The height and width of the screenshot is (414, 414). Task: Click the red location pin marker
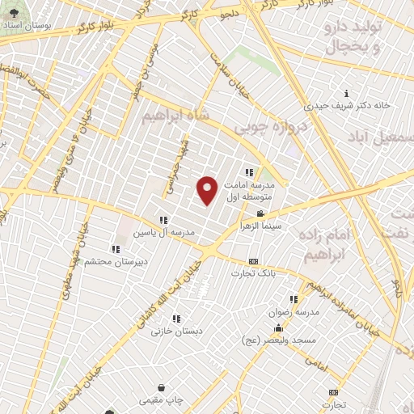point(208,190)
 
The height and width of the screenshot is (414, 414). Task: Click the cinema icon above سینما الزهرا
point(260,213)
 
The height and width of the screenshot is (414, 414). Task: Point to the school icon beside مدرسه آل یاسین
point(163,219)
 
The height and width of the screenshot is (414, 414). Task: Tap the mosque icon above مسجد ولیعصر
point(278,327)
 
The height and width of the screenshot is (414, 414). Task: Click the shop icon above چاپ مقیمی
point(162,387)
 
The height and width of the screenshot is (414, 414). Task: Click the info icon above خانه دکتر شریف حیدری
point(347,93)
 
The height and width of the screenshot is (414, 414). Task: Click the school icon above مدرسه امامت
point(249,171)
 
